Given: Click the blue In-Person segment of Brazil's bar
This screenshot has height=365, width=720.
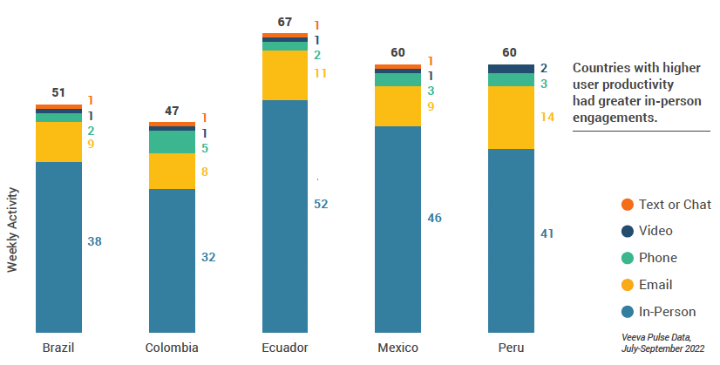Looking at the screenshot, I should point(58,247).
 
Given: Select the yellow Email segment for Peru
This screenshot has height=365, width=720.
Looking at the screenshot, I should point(510,118).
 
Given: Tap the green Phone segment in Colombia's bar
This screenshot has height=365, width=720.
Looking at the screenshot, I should point(172,142).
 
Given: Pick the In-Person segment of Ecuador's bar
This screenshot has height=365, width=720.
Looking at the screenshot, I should point(284,216).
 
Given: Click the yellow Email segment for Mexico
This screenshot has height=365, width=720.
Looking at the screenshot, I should point(397,106).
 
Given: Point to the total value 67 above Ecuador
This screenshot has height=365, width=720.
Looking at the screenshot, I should point(284,21).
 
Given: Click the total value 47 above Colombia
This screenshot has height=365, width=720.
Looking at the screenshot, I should point(171,111).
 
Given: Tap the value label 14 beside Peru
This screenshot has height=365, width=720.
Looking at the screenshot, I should point(548,116).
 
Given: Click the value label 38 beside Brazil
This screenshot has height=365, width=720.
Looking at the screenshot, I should point(95,241).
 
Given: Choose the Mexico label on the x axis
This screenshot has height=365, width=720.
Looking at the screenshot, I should point(397,348).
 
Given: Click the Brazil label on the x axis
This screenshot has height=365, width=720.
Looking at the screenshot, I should point(58,348).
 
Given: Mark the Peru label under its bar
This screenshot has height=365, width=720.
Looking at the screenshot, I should point(511,348).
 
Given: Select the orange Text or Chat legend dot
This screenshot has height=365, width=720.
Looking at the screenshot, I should point(627,205).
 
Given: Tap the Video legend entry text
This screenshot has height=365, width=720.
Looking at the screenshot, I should point(657,232).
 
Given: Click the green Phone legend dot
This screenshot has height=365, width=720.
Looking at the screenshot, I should point(627,258).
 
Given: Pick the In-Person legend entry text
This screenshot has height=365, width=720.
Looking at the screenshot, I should point(667,312).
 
